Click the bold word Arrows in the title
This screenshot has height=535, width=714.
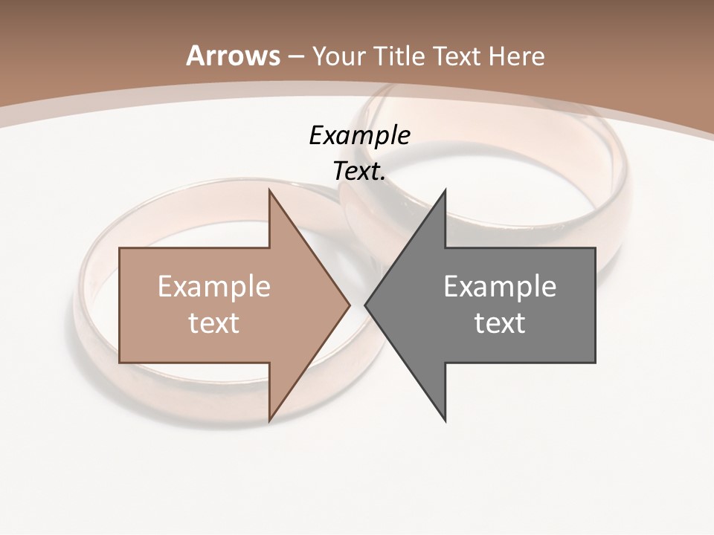tap(233, 56)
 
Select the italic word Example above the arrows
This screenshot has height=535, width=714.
tap(360, 135)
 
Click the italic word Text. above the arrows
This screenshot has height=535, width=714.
tap(360, 171)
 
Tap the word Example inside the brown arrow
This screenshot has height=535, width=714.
tap(214, 286)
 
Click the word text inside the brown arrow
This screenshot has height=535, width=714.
tap(214, 322)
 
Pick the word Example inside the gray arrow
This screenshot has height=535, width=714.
tap(500, 286)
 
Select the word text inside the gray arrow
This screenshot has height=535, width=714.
tap(500, 322)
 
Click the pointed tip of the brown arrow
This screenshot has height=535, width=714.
tap(350, 305)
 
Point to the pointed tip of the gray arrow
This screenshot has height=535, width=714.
tap(365, 305)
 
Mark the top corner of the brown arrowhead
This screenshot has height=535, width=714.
tap(269, 190)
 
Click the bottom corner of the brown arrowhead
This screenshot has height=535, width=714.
tap(269, 421)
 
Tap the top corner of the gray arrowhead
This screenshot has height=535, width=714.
tap(446, 190)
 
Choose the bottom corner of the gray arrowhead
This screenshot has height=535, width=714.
tap(446, 421)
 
